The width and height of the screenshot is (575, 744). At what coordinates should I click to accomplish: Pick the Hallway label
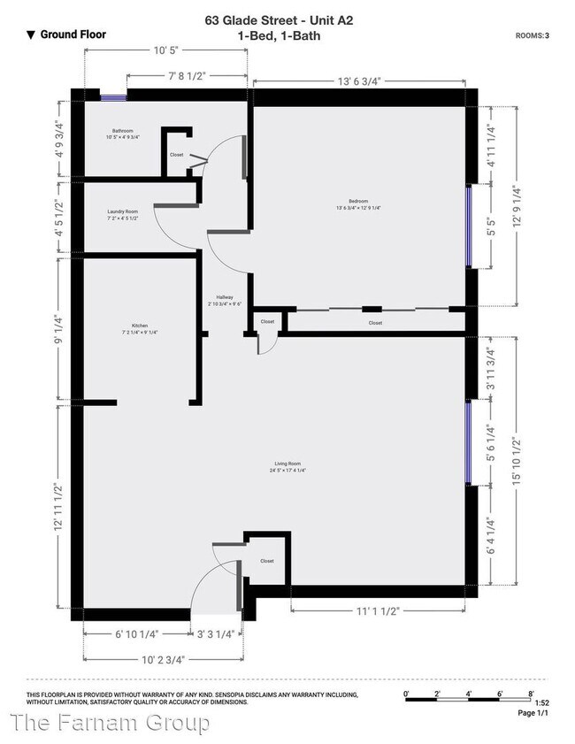pos(225,299)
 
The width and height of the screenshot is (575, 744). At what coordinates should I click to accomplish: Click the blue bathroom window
pos(113,98)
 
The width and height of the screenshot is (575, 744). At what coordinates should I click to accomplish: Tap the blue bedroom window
pos(470,226)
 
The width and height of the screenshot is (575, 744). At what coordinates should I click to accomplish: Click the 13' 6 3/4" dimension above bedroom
pos(358,81)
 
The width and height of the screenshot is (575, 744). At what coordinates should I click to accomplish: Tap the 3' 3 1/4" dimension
pos(216,633)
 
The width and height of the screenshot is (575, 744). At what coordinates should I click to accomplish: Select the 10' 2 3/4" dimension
pos(165,659)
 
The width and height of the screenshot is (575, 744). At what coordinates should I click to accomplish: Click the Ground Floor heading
pos(67,35)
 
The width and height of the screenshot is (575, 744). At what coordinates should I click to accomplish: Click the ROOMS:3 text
pos(533,35)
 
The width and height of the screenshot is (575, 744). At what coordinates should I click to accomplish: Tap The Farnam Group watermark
pos(111,724)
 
